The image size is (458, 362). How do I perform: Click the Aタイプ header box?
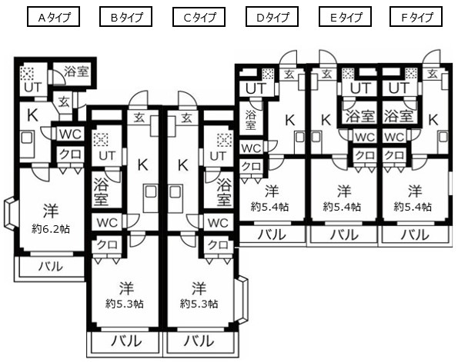pyautogui.click(x=53, y=17)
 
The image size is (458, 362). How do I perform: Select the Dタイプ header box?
pyautogui.click(x=272, y=17)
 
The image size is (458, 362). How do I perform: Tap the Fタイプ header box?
pyautogui.click(x=416, y=17)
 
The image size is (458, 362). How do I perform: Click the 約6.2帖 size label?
pyautogui.click(x=51, y=229)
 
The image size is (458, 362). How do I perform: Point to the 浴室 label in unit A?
pyautogui.click(x=76, y=71)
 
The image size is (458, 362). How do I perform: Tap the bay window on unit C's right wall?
pyautogui.click(x=243, y=300)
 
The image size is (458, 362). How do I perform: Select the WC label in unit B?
pyautogui.click(x=107, y=223)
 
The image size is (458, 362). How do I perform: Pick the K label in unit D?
pyautogui.click(x=290, y=120)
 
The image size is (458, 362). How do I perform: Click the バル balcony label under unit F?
pyautogui.click(x=415, y=235)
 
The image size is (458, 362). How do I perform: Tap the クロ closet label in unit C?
pyautogui.click(x=218, y=245)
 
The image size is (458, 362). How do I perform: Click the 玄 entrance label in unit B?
pyautogui.click(x=139, y=118)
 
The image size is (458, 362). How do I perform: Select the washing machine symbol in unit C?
pyautogui.click(x=225, y=140)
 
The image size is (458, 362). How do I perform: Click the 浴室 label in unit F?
pyautogui.click(x=399, y=116)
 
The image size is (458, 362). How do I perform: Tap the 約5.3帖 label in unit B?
pyautogui.click(x=125, y=304)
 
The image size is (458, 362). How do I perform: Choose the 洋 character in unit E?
pyautogui.click(x=344, y=191)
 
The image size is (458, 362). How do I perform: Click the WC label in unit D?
pyautogui.click(x=251, y=148)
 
